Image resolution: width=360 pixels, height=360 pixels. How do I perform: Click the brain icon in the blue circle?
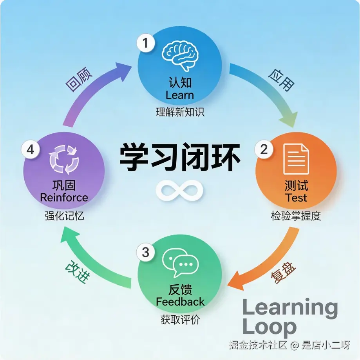click(x=180, y=57)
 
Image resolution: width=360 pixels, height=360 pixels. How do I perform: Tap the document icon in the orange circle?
click(x=296, y=159)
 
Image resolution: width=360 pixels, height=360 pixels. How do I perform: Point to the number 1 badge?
click(x=146, y=43)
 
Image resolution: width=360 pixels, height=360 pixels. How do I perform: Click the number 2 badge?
click(x=264, y=149)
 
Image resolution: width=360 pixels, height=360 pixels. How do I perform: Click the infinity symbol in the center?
click(x=180, y=191)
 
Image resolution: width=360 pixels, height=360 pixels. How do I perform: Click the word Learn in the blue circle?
click(x=180, y=95)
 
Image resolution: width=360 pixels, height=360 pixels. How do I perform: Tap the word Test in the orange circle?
click(x=296, y=197)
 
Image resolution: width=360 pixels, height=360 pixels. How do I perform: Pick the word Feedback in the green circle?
click(x=180, y=302)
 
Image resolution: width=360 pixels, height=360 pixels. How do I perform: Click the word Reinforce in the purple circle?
click(x=64, y=197)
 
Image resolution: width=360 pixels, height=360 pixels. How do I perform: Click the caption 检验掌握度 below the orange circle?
click(x=296, y=216)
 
